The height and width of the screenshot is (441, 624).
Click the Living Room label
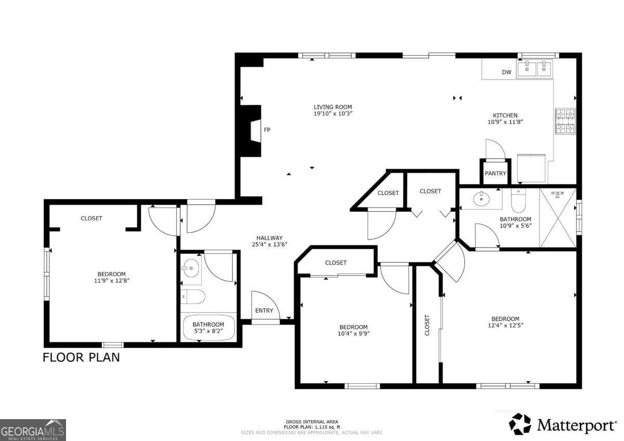(333, 107)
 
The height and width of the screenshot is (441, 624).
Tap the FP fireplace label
(267, 130)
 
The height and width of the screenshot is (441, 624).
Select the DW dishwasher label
(506, 72)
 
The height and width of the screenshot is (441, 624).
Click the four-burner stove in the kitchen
(565, 121)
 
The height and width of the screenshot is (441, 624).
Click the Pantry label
(495, 173)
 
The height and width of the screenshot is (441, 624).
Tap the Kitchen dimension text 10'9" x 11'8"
(505, 122)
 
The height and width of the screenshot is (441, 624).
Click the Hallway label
(269, 238)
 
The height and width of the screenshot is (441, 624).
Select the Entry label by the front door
(264, 310)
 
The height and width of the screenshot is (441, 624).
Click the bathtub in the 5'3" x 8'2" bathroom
(209, 328)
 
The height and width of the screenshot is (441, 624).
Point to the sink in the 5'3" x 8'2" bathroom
(191, 268)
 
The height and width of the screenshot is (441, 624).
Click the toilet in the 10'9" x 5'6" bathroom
(518, 201)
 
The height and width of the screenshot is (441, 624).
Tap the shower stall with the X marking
(557, 217)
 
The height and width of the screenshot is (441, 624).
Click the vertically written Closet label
(427, 325)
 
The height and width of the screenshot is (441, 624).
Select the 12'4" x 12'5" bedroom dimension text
(505, 326)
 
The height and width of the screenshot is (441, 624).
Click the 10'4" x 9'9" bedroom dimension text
(354, 334)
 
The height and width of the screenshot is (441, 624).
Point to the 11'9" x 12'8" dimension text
(112, 281)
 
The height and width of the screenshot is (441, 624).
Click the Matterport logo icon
(520, 424)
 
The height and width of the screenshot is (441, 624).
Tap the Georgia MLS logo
(33, 430)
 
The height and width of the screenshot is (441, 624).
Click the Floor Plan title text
(81, 357)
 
